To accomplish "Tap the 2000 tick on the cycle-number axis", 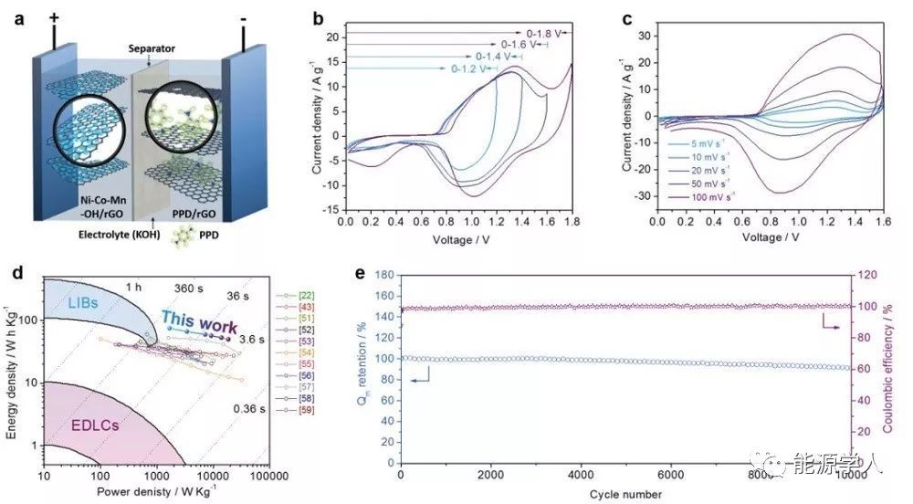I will click(491, 475).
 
